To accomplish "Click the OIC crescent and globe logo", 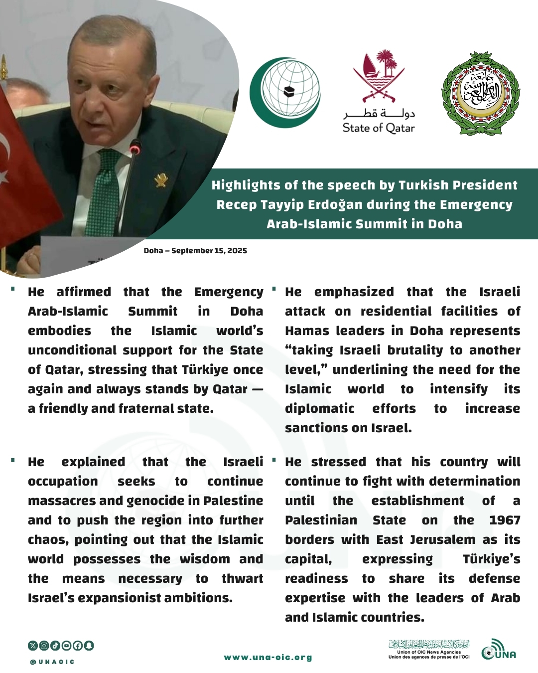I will point(285,92).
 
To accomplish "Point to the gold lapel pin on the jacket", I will point(161,180).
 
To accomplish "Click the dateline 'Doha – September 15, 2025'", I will point(195,251).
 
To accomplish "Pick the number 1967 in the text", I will point(505,520).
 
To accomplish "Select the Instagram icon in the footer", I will point(44,646).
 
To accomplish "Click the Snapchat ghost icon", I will point(89,646).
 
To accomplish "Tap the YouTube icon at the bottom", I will point(66,646).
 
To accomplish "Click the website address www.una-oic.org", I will point(268,658).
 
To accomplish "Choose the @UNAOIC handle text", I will point(52,662).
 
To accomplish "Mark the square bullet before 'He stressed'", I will point(273,460).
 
